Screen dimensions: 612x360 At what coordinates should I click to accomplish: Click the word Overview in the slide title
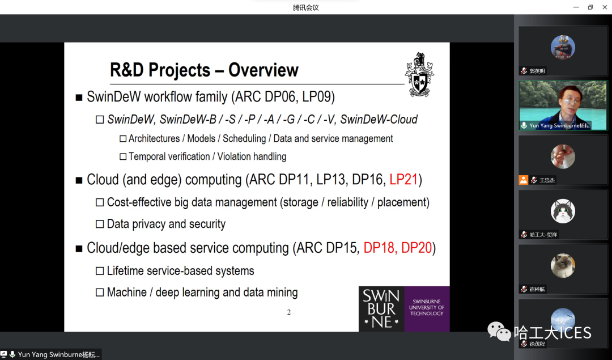pos(263,70)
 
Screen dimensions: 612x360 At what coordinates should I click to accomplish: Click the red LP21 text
pos(403,180)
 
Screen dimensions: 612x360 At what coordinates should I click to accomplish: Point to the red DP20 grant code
pos(416,248)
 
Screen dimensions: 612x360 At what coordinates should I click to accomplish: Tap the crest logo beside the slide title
pos(419,75)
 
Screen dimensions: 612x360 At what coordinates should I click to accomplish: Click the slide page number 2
pos(289,312)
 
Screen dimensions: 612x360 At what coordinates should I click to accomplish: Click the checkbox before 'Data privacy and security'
pos(100,224)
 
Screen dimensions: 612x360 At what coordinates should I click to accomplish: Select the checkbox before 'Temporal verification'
pos(123,156)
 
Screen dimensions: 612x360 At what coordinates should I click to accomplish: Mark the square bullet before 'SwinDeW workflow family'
pos(79,98)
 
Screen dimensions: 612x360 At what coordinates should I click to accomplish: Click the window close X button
pos(605,7)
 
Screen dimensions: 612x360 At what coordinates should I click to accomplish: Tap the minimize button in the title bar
pos(576,7)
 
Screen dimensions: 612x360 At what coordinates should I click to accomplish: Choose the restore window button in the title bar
pos(590,7)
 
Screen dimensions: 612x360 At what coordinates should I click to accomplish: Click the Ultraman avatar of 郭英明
pos(563,47)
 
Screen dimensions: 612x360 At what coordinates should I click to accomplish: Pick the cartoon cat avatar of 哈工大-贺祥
pos(563,211)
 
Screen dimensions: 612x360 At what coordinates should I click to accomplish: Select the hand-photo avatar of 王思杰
pos(563,156)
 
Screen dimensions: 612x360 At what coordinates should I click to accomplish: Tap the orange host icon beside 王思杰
pos(524,180)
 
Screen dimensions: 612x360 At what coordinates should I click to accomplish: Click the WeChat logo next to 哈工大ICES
pos(499,332)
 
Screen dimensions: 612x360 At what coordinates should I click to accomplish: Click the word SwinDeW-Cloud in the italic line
pos(379,120)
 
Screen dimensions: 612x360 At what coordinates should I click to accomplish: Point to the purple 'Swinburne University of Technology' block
pos(427,309)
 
